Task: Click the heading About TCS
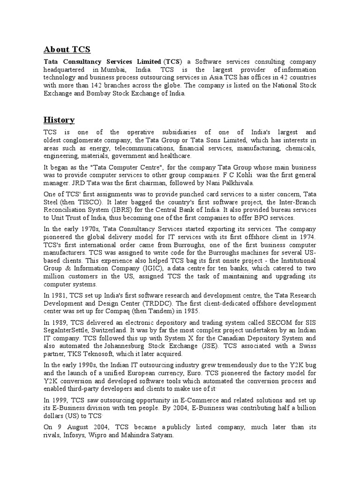tap(67, 50)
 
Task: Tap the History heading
tap(59, 120)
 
